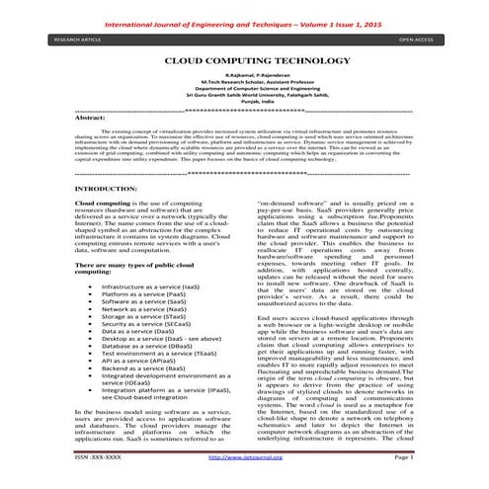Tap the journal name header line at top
coord(244,14)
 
